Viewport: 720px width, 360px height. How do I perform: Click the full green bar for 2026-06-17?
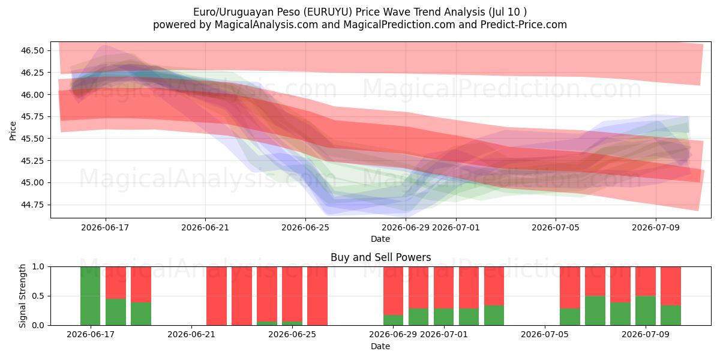click(91, 296)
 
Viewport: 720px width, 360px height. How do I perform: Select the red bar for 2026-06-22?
click(217, 296)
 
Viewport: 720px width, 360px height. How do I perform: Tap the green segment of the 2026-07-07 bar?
click(595, 311)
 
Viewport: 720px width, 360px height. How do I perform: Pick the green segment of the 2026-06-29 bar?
click(394, 320)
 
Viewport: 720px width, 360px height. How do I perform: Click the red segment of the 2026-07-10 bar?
click(671, 286)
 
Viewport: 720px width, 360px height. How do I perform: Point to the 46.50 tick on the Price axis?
click(32, 51)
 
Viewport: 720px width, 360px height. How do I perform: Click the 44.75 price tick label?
click(32, 205)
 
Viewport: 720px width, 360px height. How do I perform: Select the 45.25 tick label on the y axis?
click(32, 161)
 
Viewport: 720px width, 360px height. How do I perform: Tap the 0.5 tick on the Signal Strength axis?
click(38, 296)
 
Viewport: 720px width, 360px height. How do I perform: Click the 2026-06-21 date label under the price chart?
click(205, 227)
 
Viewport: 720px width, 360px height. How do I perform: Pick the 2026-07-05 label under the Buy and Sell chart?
click(545, 334)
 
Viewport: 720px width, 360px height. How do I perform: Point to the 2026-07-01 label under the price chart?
click(456, 227)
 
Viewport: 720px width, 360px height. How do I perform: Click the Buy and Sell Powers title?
click(380, 257)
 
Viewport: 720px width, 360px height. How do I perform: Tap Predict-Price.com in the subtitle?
click(524, 25)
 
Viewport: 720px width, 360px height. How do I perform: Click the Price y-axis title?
click(13, 131)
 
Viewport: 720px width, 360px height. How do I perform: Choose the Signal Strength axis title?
click(22, 296)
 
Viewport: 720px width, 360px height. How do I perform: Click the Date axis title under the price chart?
click(380, 239)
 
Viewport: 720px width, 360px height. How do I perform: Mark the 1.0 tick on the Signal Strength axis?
click(38, 266)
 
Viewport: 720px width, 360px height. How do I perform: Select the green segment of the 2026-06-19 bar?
click(141, 314)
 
